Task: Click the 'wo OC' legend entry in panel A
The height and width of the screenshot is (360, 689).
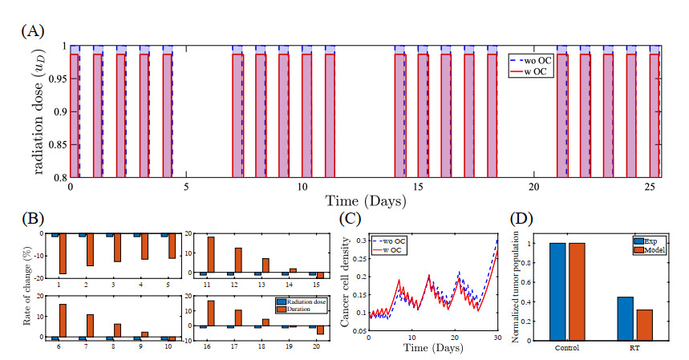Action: click(x=530, y=59)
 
